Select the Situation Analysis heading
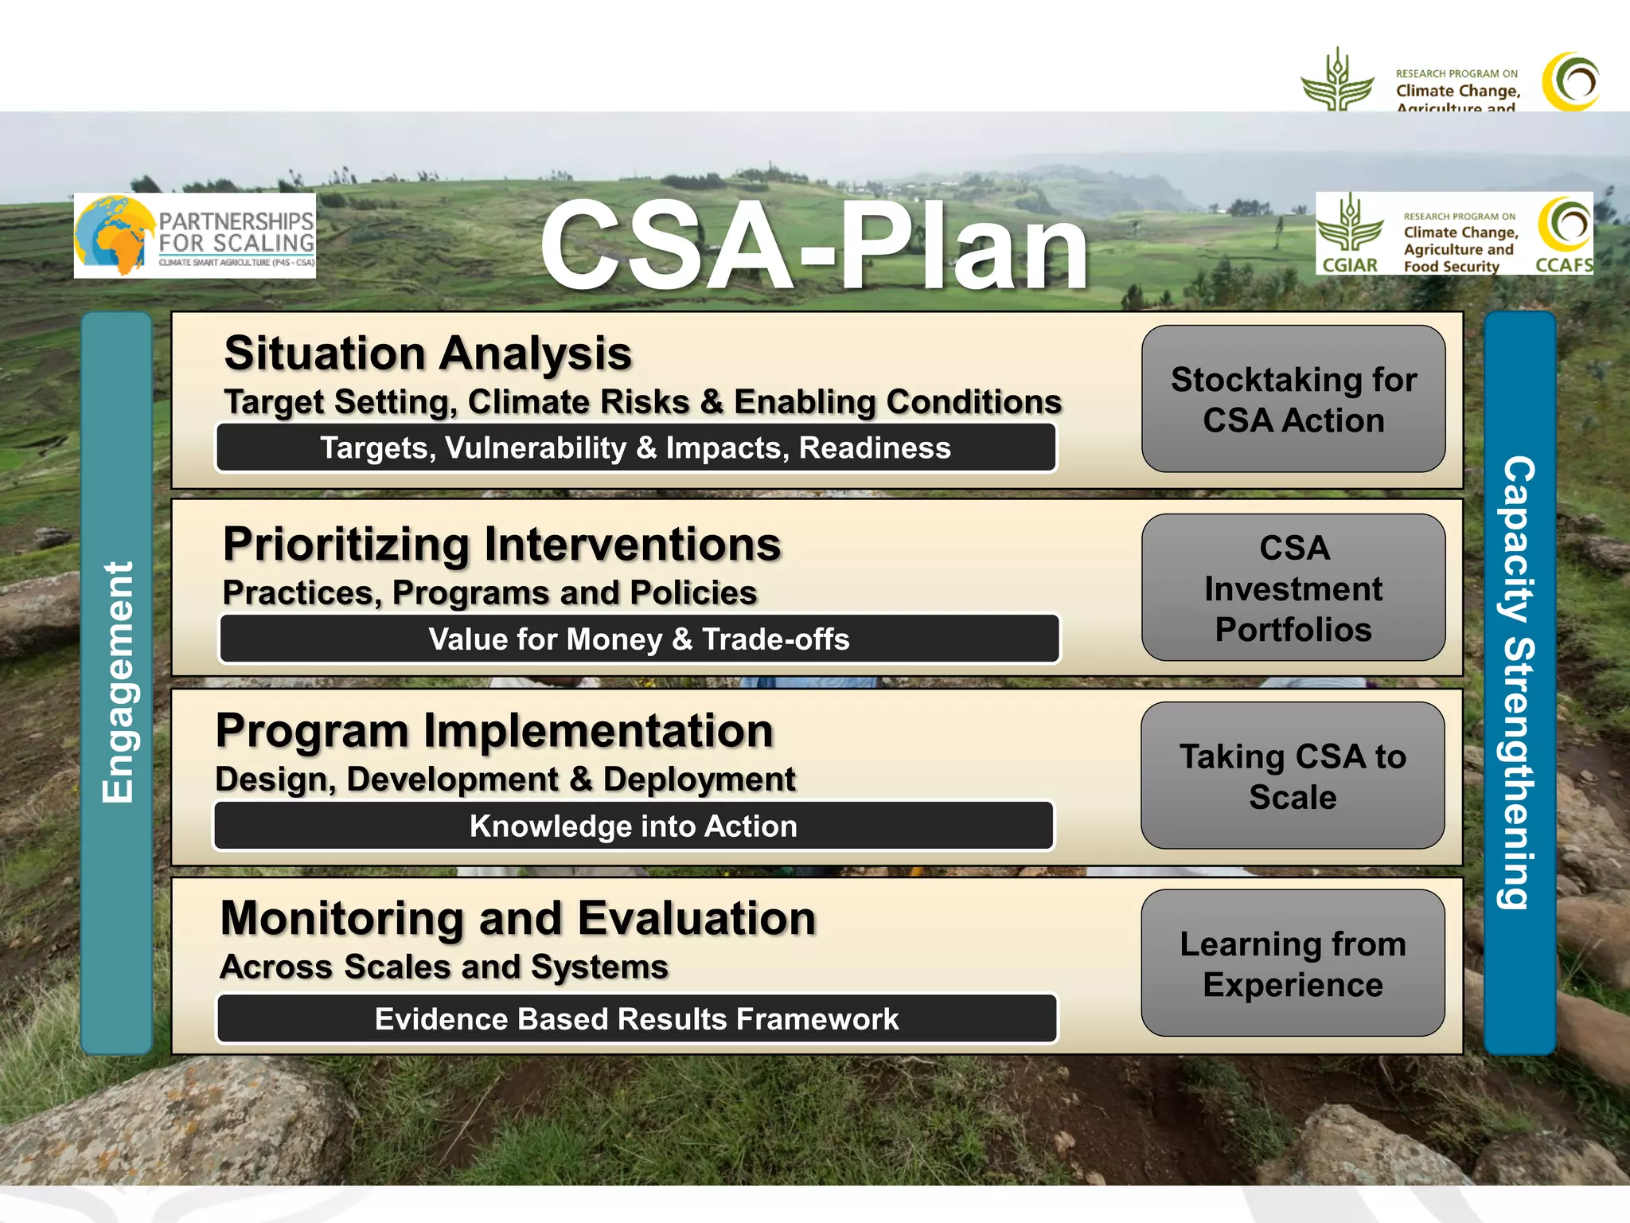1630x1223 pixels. click(427, 354)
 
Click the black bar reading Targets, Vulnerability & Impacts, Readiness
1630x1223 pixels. click(635, 448)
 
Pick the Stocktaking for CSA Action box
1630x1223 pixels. click(1293, 399)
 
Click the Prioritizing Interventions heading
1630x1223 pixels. click(501, 545)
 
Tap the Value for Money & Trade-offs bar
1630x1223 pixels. click(639, 639)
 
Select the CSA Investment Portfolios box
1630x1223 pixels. click(1293, 588)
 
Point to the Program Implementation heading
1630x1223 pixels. click(494, 731)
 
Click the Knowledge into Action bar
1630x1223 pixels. click(634, 826)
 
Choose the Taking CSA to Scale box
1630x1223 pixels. click(1293, 776)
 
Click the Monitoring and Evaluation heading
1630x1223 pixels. click(518, 919)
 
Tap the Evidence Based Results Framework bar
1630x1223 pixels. click(637, 1019)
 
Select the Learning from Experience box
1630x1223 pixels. click(1293, 963)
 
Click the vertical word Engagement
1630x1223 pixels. click(118, 682)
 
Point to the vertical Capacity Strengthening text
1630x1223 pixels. click(1519, 682)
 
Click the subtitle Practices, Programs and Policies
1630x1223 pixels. click(489, 593)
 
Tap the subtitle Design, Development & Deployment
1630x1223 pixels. click(505, 780)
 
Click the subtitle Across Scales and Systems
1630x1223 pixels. click(443, 967)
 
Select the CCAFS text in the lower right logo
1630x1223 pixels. click(1563, 265)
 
